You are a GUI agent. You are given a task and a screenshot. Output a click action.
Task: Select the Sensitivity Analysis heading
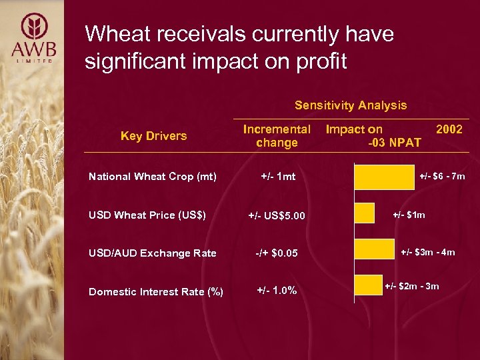tap(351, 105)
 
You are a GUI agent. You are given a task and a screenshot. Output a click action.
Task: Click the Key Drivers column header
tap(153, 136)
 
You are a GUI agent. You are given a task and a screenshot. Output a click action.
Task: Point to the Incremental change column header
tap(277, 136)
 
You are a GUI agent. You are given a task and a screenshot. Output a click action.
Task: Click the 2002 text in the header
tap(449, 129)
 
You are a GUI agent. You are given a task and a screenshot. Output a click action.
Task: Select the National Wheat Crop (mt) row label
tap(153, 177)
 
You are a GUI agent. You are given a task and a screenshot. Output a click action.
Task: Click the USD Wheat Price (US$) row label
tap(147, 215)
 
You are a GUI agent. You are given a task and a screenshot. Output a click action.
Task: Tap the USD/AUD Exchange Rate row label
tap(153, 253)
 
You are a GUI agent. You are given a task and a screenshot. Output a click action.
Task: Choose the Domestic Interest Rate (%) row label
tap(156, 291)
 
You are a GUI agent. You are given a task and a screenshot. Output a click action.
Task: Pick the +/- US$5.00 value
tap(277, 215)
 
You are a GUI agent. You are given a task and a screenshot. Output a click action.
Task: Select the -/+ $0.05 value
tap(277, 253)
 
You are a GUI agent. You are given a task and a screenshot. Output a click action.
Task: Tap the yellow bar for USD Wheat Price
tap(365, 213)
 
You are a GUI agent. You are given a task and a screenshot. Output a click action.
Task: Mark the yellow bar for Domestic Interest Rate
tap(368, 285)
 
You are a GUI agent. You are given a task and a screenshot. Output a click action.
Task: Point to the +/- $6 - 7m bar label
tap(442, 177)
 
